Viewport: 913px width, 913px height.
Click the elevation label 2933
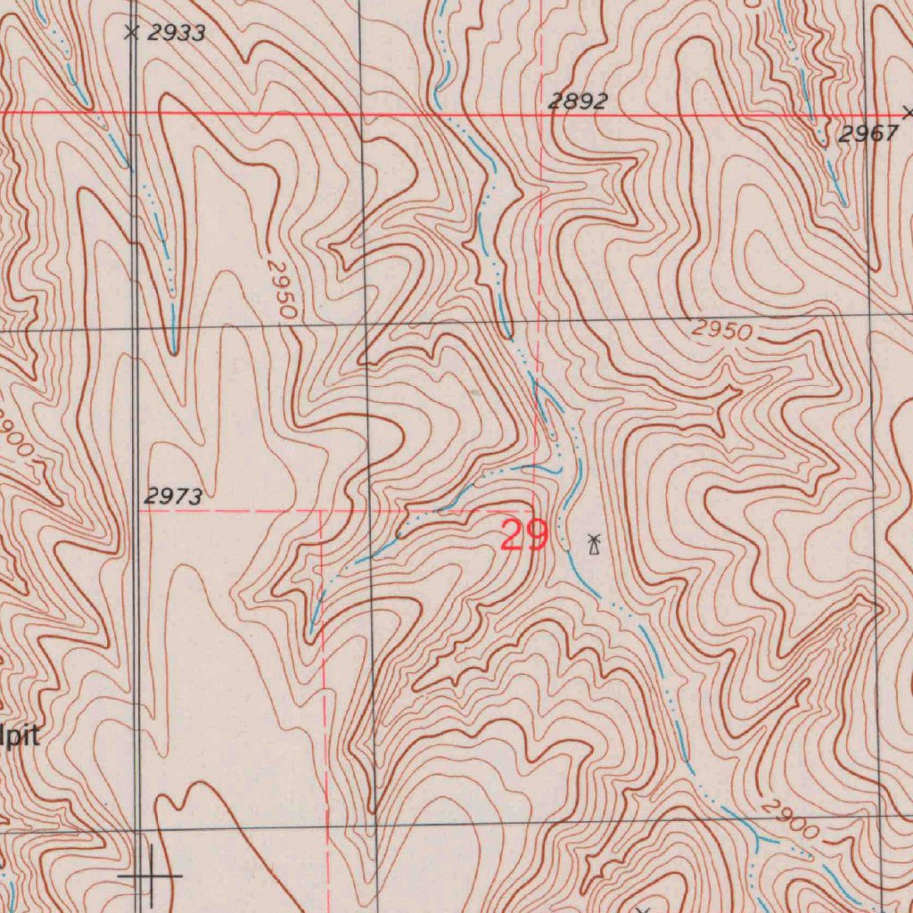pos(177,34)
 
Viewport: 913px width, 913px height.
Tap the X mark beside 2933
pos(132,33)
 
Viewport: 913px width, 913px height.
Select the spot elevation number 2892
pos(577,102)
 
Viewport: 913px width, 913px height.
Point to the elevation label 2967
pos(868,135)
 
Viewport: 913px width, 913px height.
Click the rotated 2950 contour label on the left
pos(281,290)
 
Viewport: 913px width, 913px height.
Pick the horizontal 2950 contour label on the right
pos(722,330)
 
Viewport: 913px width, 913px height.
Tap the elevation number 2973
pos(173,498)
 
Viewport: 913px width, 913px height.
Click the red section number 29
pos(523,536)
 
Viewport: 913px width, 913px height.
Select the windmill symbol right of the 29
pos(594,543)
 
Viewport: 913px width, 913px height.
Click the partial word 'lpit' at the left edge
pos(20,736)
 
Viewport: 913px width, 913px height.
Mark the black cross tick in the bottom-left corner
pos(150,876)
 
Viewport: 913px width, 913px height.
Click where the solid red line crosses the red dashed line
pos(545,115)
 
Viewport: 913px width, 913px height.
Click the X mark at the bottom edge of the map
pos(642,910)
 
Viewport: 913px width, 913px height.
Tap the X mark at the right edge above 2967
pos(908,112)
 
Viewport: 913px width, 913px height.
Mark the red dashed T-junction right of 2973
pos(321,512)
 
